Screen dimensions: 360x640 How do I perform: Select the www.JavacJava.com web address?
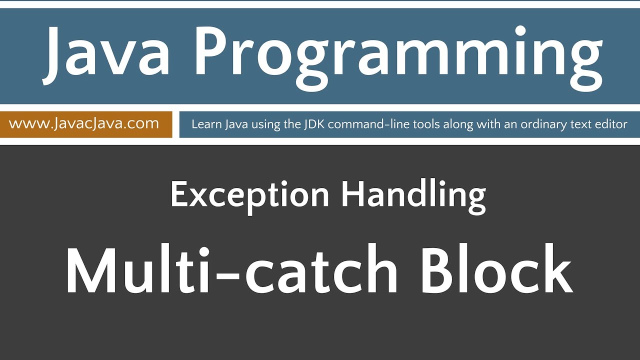tap(84, 123)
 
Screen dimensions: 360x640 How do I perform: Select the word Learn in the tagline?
tap(205, 124)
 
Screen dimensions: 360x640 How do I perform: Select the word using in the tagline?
tap(266, 124)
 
